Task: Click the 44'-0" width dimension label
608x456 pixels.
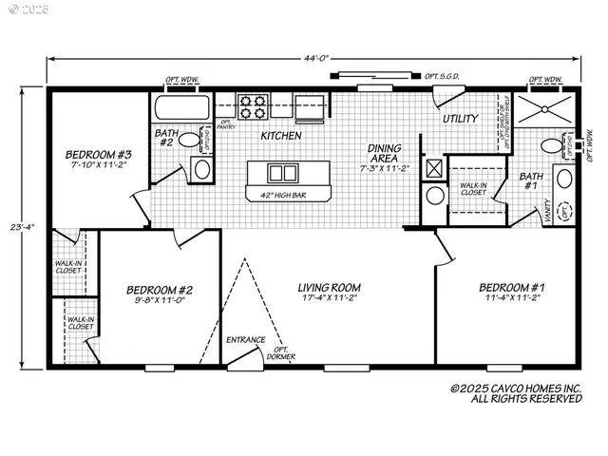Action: click(316, 58)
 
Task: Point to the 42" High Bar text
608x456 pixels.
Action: click(281, 196)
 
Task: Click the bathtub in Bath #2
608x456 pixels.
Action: click(180, 106)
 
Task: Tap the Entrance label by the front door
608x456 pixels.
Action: click(245, 339)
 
